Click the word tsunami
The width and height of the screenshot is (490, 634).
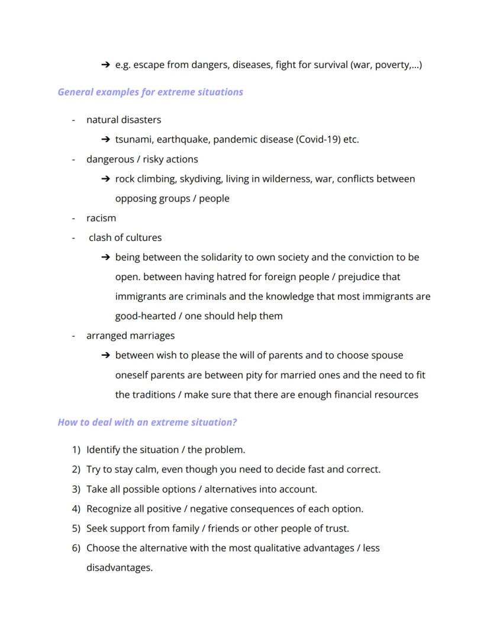133,140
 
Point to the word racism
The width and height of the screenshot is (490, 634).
101,218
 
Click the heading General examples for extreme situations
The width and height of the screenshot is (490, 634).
150,92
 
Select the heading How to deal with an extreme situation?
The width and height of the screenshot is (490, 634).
147,423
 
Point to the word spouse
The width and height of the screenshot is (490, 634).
387,356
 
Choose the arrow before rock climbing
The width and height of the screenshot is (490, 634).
105,179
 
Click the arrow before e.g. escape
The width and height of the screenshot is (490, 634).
105,65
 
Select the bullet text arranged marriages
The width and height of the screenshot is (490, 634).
130,336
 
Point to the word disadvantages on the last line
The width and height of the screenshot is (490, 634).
119,568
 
